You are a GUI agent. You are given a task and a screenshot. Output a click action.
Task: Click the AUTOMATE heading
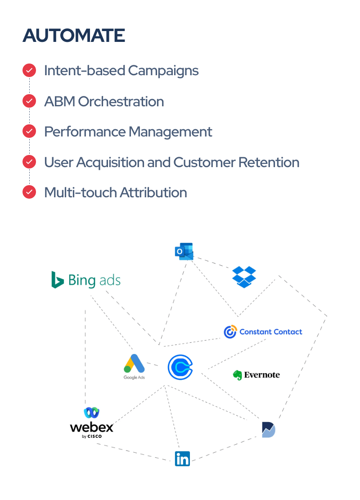[74, 36]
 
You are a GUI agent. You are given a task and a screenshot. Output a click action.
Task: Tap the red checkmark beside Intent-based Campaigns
[29, 70]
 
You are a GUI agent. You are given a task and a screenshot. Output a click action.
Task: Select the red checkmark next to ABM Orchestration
[29, 101]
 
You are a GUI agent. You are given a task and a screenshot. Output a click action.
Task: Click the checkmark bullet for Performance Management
[29, 131]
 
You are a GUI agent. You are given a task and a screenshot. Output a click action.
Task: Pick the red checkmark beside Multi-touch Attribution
[29, 192]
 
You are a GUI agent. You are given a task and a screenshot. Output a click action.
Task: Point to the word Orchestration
[121, 102]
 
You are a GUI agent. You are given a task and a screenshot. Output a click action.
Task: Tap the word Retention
[269, 162]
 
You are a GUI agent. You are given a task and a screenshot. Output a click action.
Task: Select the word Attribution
[153, 193]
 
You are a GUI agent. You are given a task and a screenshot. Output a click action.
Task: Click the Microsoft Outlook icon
[184, 252]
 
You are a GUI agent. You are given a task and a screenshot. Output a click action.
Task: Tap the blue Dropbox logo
[244, 277]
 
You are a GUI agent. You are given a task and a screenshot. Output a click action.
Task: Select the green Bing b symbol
[57, 280]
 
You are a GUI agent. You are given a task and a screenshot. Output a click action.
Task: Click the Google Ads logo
[134, 367]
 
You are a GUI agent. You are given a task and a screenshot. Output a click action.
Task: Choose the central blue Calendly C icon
[180, 368]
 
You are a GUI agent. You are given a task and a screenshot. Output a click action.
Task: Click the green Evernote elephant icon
[237, 375]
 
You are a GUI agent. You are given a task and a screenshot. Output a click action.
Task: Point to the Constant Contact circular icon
[230, 332]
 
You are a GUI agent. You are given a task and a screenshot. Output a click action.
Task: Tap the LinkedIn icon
[182, 459]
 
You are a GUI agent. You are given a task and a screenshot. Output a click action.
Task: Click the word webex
[91, 427]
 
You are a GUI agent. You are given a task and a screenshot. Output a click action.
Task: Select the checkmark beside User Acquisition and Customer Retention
[29, 162]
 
